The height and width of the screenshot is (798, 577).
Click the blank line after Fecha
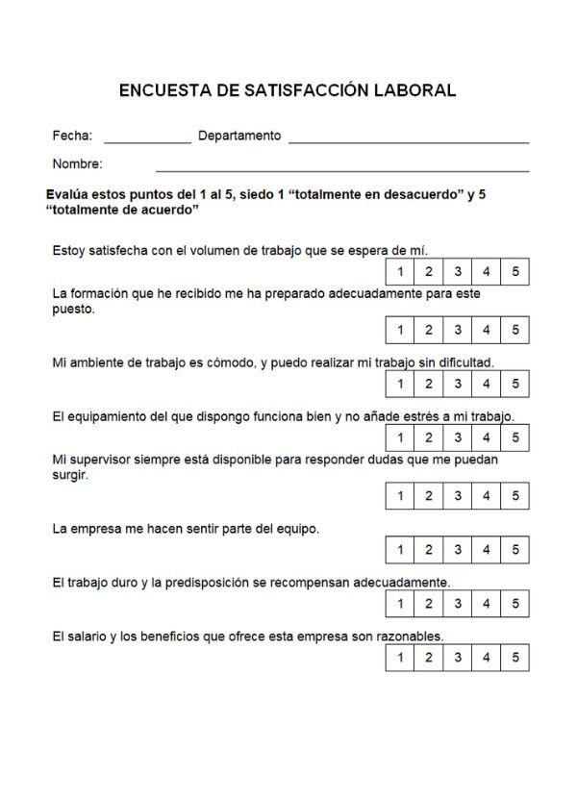(x=147, y=140)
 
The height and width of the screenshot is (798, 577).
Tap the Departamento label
(x=239, y=136)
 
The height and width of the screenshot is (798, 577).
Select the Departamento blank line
(x=409, y=140)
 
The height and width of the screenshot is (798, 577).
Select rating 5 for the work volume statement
(x=515, y=272)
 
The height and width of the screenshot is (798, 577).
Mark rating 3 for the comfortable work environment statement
(x=458, y=384)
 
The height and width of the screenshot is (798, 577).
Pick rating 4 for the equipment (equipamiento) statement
(x=487, y=437)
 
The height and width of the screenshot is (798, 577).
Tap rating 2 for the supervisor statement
(x=429, y=496)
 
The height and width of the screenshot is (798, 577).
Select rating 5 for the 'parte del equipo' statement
(x=515, y=550)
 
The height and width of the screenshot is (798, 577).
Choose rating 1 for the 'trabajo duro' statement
(x=400, y=604)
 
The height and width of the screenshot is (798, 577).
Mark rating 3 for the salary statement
(x=458, y=658)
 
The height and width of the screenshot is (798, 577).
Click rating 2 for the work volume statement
(x=429, y=272)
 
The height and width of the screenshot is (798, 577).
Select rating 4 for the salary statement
(x=487, y=658)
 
